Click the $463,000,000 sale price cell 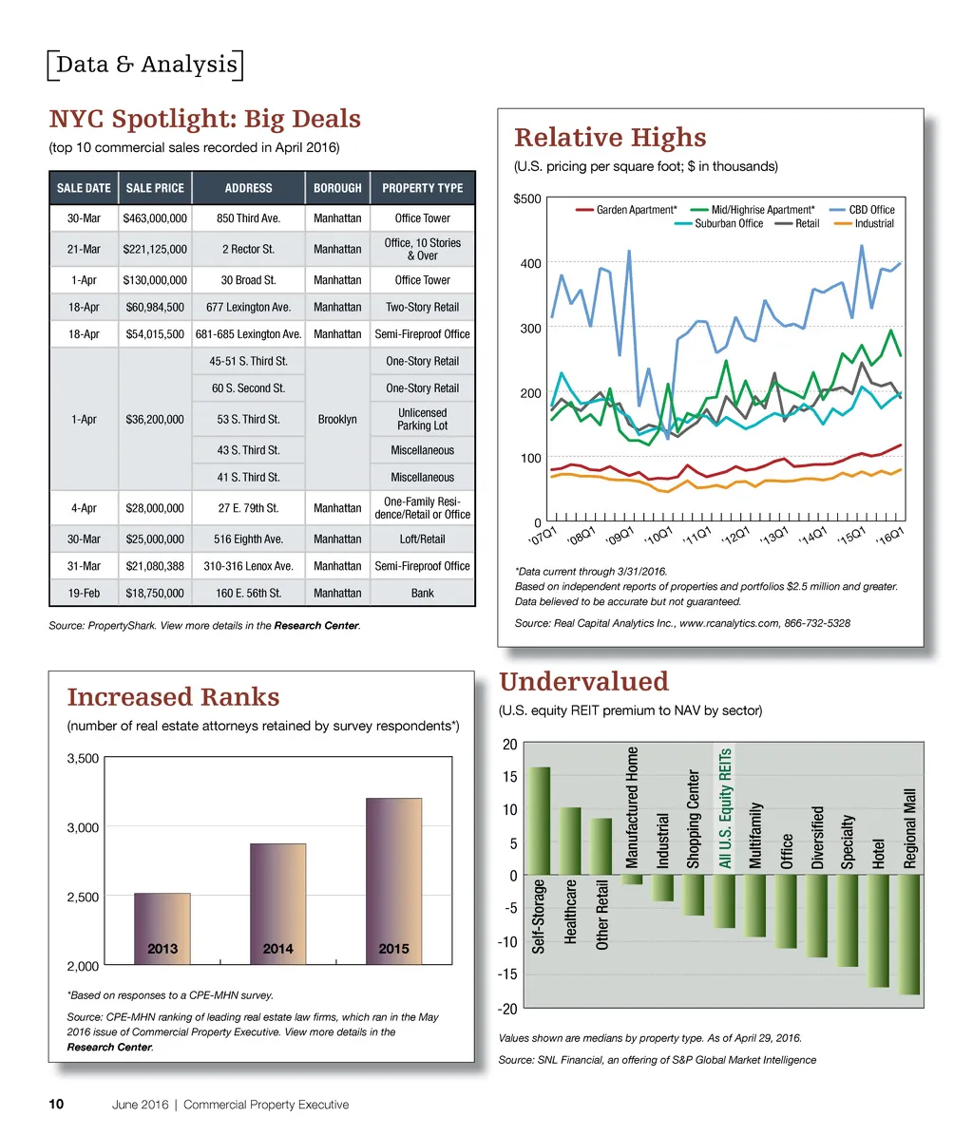coord(156,218)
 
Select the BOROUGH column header coord(337,188)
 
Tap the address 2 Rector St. coord(248,249)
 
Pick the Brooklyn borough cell coord(337,419)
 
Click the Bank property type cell coord(422,593)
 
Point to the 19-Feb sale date coord(84,593)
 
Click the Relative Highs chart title coord(610,138)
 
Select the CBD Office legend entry coord(870,210)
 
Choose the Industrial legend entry coord(873,224)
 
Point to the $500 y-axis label coord(528,199)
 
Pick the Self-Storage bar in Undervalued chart coord(540,822)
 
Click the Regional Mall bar coord(910,935)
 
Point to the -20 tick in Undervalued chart coord(511,1008)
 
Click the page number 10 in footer coord(56,1105)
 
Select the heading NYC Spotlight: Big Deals coord(205,120)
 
